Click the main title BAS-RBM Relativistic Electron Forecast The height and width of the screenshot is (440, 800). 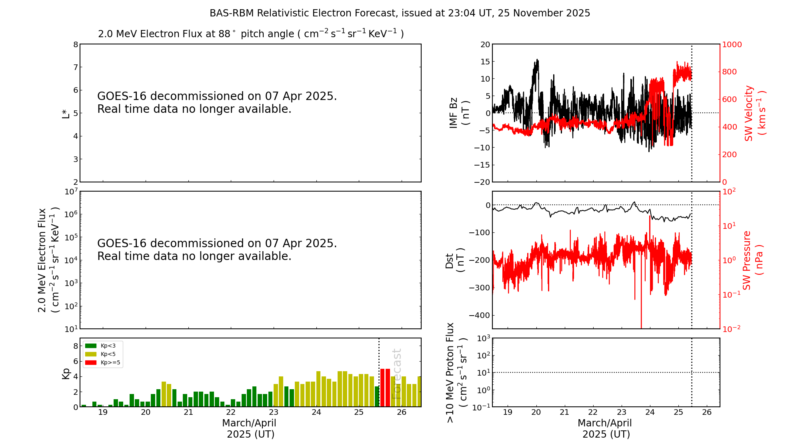coord(400,13)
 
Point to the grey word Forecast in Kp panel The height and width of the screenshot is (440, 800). coord(396,374)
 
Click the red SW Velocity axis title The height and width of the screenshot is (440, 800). coord(754,113)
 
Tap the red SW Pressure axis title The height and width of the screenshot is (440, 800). coord(752,260)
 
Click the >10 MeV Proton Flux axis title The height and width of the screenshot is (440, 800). coord(456,372)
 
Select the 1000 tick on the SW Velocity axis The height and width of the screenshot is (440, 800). coord(732,44)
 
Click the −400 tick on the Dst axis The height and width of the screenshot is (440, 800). coord(482,315)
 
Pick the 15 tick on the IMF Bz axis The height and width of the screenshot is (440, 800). coord(485,62)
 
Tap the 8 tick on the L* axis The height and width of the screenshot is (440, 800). coord(75,44)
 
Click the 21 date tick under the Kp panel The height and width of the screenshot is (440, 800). coord(188,412)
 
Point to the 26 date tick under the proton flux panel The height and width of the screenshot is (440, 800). coord(707,412)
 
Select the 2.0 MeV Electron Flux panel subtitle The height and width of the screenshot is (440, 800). coord(251,34)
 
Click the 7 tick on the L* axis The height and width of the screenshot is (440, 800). coord(75,67)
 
